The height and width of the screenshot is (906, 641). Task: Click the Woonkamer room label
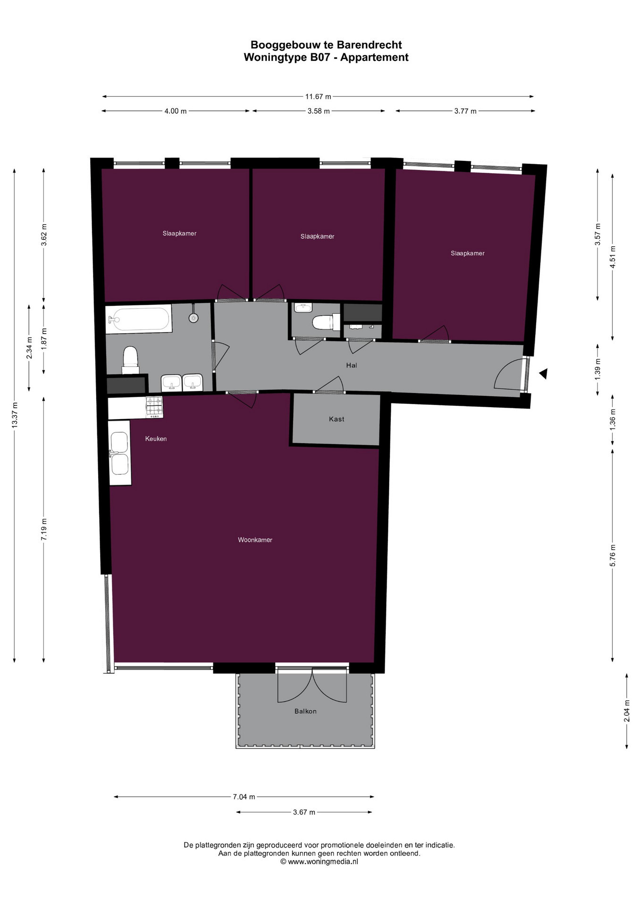(255, 540)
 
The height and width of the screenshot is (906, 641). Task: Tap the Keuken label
(156, 438)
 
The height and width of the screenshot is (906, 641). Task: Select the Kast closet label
(337, 419)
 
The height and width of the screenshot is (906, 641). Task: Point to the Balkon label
(305, 711)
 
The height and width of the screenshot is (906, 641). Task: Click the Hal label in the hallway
(352, 365)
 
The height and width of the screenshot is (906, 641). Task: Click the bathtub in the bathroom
(138, 319)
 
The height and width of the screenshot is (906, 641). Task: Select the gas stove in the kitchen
(154, 406)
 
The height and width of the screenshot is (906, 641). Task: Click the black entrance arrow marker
(543, 374)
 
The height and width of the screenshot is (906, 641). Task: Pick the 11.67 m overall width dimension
(318, 97)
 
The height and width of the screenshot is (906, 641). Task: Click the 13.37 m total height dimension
(15, 415)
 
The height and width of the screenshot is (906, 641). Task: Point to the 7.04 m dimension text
(244, 797)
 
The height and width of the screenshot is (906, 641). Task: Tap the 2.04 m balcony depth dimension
(627, 711)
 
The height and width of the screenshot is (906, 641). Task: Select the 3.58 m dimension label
(319, 111)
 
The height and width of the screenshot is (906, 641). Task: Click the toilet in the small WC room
(326, 323)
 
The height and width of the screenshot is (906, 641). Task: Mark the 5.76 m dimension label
(613, 555)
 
